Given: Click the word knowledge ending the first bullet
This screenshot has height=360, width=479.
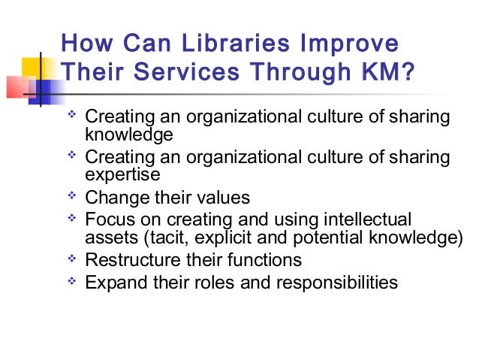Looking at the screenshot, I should point(129,136).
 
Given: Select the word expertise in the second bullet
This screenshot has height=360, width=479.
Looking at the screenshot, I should point(123,175).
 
